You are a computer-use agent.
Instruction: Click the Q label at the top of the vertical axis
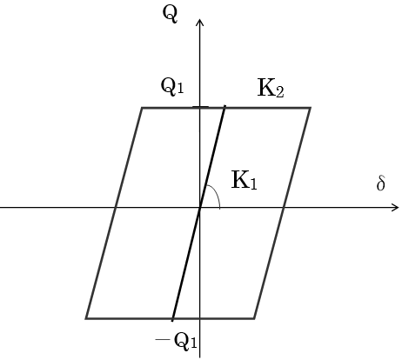pyautogui.click(x=170, y=15)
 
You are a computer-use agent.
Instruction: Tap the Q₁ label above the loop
pyautogui.click(x=172, y=87)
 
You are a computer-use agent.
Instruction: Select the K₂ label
pyautogui.click(x=271, y=88)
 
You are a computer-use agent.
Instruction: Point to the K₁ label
pyautogui.click(x=245, y=180)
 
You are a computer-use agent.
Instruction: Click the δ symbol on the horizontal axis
pyautogui.click(x=381, y=183)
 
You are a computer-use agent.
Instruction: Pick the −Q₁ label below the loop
pyautogui.click(x=177, y=341)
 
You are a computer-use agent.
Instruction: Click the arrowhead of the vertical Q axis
pyautogui.click(x=199, y=21)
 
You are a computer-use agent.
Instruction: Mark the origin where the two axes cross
pyautogui.click(x=199, y=208)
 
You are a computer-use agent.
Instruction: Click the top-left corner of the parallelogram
pyautogui.click(x=142, y=108)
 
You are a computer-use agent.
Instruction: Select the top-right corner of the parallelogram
pyautogui.click(x=311, y=108)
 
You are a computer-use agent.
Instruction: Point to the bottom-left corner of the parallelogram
pyautogui.click(x=86, y=318)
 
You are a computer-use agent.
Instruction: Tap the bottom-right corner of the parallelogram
pyautogui.click(x=254, y=318)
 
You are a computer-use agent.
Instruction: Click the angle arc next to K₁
pyautogui.click(x=216, y=193)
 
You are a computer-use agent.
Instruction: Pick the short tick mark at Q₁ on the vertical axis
pyautogui.click(x=200, y=107)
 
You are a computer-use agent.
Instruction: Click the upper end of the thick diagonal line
pyautogui.click(x=225, y=106)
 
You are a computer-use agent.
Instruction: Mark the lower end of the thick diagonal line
pyautogui.click(x=172, y=321)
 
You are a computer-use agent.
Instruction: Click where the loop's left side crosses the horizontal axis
pyautogui.click(x=116, y=208)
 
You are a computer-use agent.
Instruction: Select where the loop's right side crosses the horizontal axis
pyautogui.click(x=284, y=208)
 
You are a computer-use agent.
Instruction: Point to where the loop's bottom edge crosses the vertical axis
pyautogui.click(x=199, y=318)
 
